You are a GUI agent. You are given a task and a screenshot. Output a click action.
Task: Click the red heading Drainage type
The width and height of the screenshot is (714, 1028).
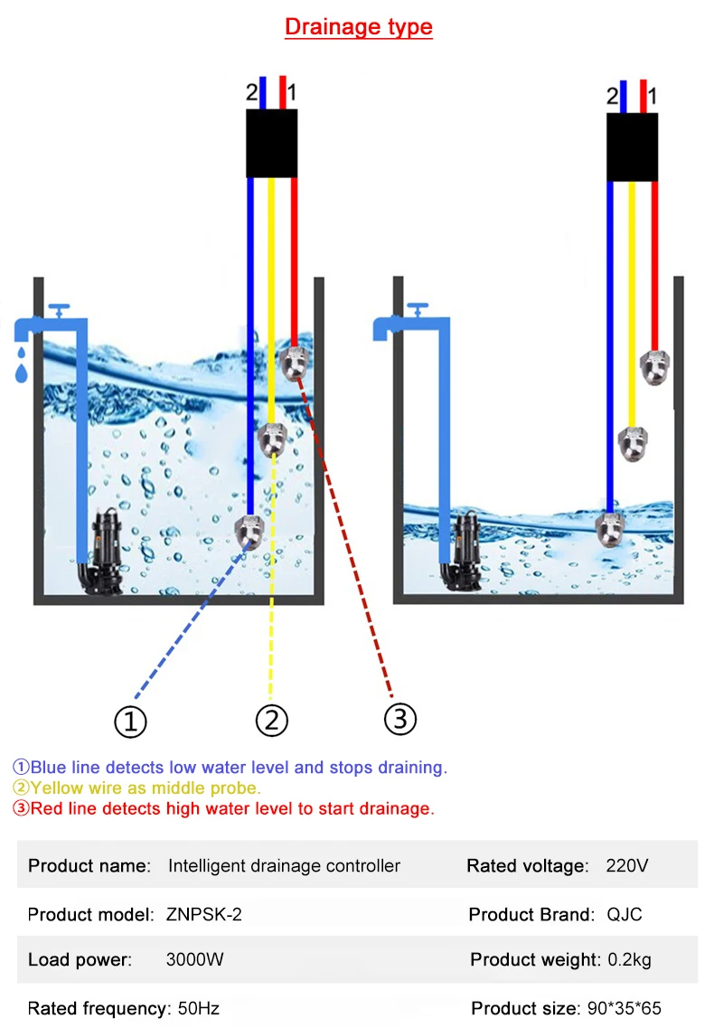pos(359,27)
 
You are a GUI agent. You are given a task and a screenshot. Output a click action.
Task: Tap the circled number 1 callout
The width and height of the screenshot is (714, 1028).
pos(130,721)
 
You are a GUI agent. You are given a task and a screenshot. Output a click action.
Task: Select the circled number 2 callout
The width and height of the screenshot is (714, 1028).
pos(271,721)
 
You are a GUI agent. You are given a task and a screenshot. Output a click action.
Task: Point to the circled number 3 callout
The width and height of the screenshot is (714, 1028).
pos(400,719)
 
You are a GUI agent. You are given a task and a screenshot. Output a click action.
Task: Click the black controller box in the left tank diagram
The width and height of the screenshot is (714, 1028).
pos(272,143)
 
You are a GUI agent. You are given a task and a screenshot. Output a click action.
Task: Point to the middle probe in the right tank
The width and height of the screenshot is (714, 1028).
pos(634,442)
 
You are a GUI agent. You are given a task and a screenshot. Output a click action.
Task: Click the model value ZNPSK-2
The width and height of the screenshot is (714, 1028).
pos(203,914)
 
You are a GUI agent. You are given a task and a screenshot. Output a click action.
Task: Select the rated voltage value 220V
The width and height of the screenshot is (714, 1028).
pos(627,866)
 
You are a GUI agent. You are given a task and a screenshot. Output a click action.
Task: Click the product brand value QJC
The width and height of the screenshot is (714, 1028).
pos(625,914)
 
